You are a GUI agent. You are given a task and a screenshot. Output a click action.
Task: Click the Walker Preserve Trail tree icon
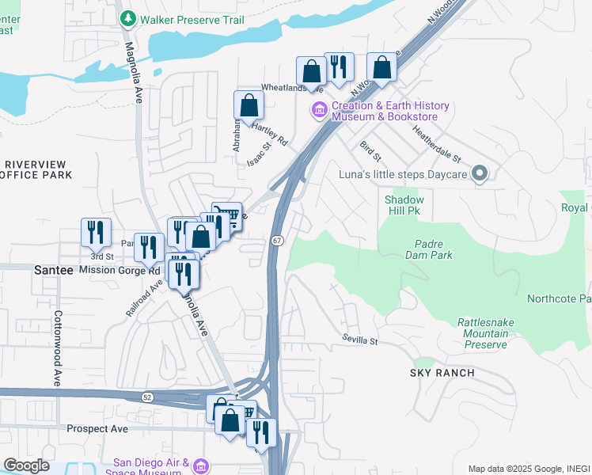[127, 17]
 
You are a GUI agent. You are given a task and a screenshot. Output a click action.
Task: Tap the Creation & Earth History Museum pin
[321, 111]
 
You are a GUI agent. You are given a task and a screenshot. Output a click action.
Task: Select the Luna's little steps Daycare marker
[480, 174]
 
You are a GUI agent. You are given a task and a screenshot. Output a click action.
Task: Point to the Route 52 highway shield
[147, 397]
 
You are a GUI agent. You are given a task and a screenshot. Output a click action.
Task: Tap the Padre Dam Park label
[432, 249]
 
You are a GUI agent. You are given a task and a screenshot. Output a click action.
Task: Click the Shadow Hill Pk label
[404, 206]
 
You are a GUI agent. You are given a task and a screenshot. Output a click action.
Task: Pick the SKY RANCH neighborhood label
[442, 373]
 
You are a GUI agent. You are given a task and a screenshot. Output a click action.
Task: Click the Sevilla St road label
[360, 340]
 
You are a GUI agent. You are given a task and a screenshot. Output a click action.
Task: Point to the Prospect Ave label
[97, 429]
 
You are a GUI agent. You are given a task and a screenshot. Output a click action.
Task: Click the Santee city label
[54, 270]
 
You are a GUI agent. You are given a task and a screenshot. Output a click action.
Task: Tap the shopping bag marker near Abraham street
[249, 106]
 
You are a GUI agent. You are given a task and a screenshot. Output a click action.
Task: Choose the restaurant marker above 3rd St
[96, 232]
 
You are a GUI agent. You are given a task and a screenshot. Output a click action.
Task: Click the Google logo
[26, 465]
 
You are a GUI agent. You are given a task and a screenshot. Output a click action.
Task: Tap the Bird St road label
[370, 147]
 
